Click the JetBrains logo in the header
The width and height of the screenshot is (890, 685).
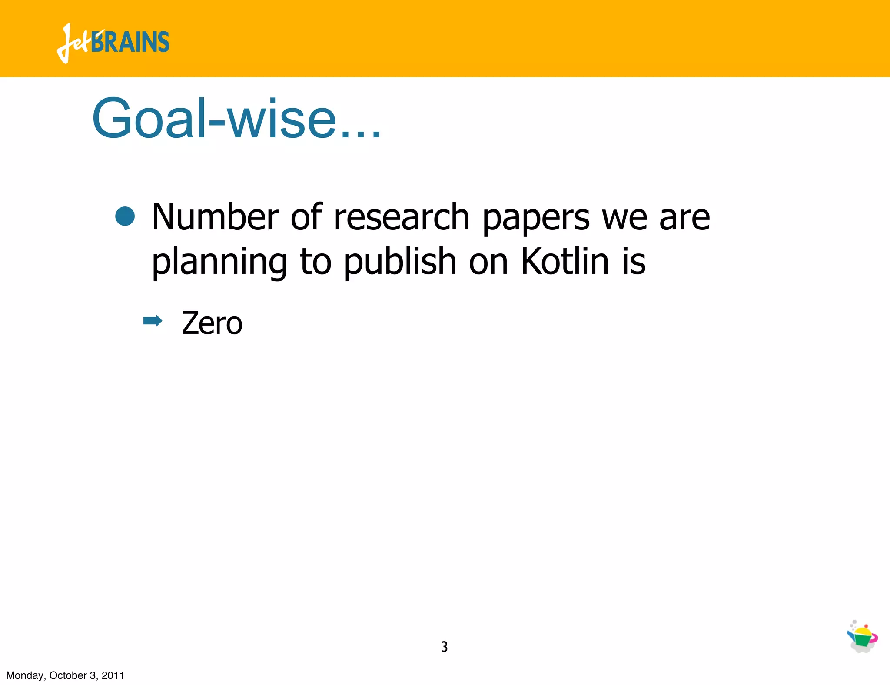(113, 43)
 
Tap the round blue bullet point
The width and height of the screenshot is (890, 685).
(125, 216)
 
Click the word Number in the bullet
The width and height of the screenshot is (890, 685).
(215, 217)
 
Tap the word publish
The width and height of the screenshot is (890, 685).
(400, 262)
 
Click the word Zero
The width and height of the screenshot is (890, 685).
(212, 323)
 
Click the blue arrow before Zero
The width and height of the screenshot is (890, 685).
(153, 322)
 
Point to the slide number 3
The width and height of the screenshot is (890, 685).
(444, 647)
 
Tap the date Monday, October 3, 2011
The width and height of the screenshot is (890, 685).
(65, 675)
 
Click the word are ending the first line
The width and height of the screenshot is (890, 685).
(684, 218)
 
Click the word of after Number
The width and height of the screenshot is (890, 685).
(306, 217)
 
